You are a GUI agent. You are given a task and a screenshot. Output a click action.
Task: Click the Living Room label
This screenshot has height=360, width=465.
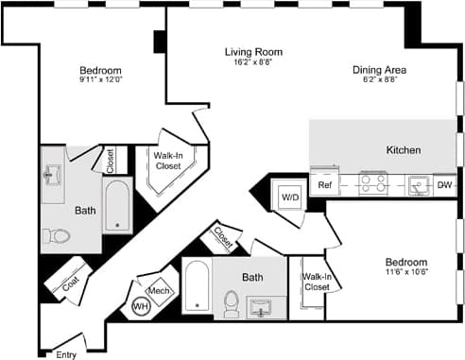(253, 52)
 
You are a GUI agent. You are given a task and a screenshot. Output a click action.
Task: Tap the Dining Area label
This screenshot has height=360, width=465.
(380, 69)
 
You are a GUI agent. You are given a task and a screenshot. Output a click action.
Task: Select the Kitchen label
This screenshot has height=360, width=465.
(404, 150)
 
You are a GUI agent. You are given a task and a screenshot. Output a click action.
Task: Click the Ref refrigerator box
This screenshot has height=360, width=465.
(324, 184)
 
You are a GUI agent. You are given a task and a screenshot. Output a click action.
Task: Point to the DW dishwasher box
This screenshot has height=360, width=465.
(444, 185)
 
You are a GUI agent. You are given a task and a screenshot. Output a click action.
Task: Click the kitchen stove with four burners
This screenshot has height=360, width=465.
(373, 182)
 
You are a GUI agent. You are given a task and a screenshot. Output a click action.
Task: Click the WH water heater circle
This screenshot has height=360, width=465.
(141, 306)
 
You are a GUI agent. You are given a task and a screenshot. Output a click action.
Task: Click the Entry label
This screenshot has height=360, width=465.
(65, 354)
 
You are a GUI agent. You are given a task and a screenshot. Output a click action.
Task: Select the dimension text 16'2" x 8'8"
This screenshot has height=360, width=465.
(253, 62)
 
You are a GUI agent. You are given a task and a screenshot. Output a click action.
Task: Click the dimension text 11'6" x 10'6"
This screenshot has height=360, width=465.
(405, 272)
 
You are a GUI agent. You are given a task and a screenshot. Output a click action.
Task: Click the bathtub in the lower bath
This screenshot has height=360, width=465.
(197, 288)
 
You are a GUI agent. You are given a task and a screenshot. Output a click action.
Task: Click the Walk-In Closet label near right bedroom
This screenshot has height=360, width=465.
(316, 282)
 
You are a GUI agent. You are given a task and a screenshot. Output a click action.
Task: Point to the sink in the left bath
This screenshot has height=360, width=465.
(53, 175)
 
